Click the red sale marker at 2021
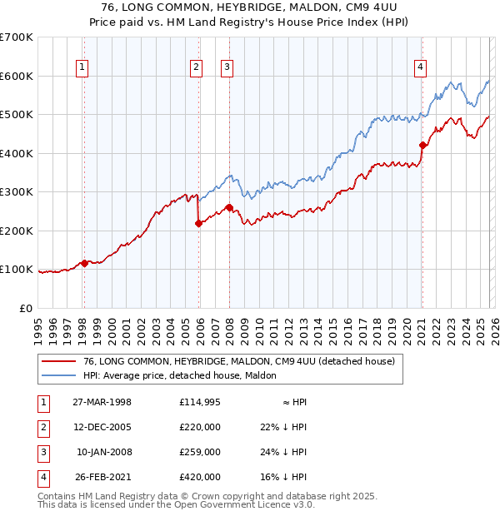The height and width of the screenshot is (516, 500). tap(422, 145)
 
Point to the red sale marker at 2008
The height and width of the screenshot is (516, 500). tap(229, 207)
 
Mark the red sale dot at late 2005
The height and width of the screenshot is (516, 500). tap(198, 223)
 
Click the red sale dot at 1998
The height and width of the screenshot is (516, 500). tap(84, 264)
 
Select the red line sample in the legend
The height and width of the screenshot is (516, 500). tap(59, 361)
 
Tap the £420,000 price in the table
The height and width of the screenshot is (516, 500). tap(199, 477)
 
